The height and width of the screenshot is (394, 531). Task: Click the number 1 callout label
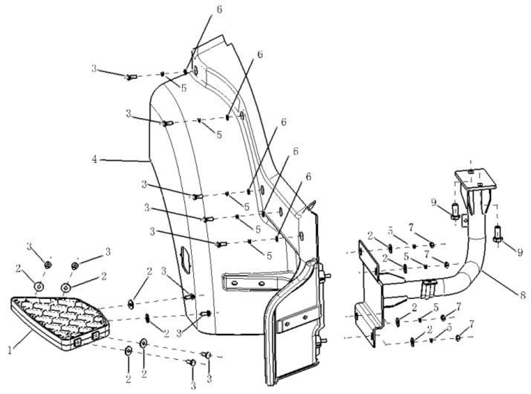(x=10, y=350)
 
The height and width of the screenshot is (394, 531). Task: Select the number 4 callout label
(x=94, y=159)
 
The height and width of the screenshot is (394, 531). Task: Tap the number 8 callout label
(x=523, y=295)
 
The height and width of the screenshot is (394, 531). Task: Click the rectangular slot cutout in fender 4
(x=185, y=259)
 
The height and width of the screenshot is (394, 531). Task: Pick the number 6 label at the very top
(x=219, y=9)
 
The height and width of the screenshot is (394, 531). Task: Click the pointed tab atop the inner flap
(x=312, y=206)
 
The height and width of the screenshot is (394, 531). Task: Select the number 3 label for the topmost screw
(x=94, y=69)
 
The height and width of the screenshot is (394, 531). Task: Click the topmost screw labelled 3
(x=131, y=77)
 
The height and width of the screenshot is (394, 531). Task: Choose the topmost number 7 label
(x=411, y=228)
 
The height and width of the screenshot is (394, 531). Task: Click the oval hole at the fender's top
(x=196, y=71)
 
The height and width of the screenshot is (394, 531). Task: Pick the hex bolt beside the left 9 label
(x=455, y=211)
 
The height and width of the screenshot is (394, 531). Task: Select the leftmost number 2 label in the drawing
(x=18, y=268)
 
